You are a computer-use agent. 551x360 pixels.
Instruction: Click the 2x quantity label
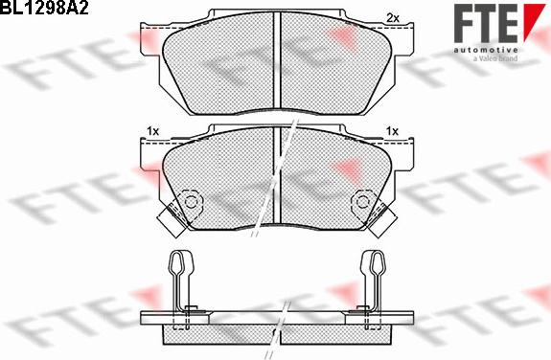point(391,17)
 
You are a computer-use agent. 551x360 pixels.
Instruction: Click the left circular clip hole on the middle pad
point(189,202)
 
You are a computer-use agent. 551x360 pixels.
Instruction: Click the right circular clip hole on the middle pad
point(362,202)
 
